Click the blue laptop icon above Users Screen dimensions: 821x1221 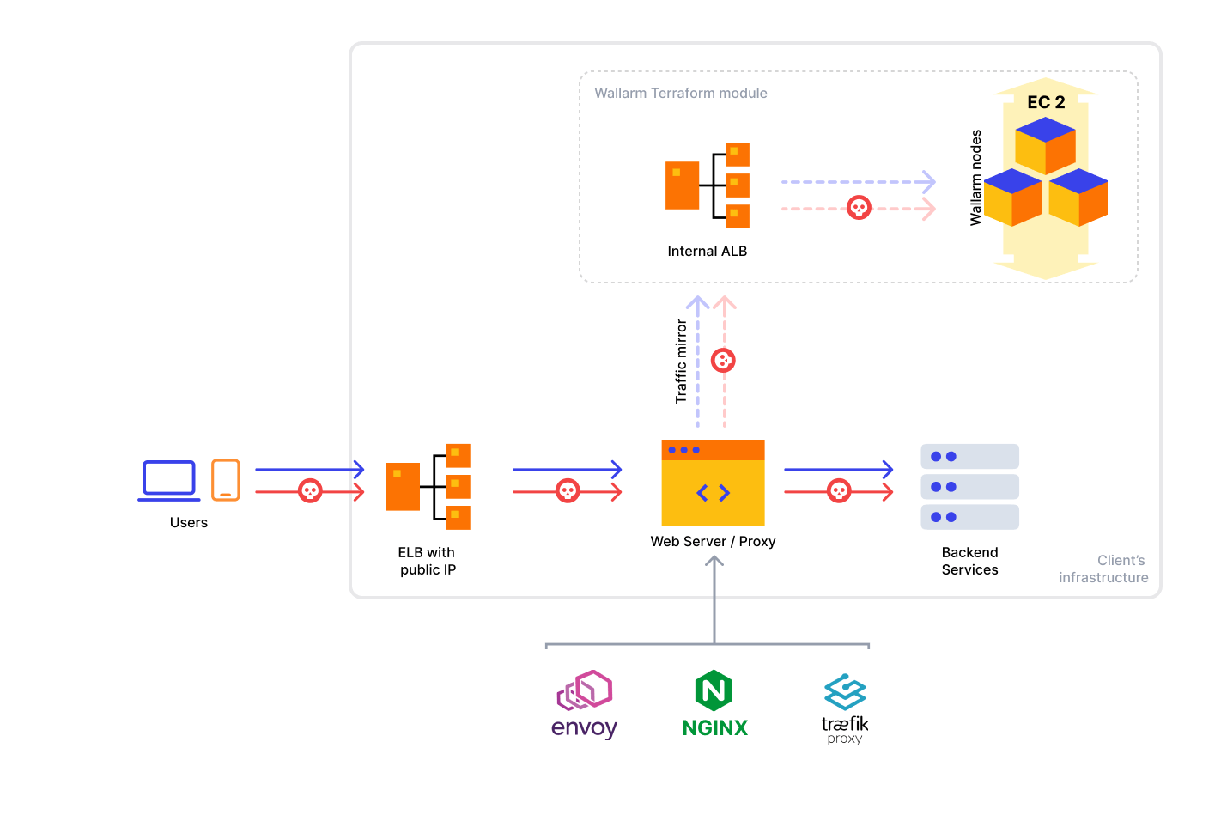[169, 480]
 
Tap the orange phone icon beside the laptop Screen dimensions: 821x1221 [225, 479]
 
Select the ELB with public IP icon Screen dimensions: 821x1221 [428, 486]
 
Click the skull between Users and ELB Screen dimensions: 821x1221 [310, 491]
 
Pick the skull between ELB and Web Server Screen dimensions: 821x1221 [568, 491]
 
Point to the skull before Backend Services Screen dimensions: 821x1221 [839, 491]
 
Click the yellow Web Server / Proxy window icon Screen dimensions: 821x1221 [713, 483]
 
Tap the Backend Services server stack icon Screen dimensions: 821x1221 [969, 487]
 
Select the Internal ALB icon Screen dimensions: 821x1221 [708, 185]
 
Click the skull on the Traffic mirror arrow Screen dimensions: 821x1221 [724, 361]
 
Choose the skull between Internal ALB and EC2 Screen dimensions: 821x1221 [859, 208]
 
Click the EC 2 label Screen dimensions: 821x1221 [1046, 102]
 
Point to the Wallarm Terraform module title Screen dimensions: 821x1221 [681, 94]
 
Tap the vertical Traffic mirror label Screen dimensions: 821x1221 [681, 362]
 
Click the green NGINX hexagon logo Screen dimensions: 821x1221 [714, 690]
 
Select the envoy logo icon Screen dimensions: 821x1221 [585, 690]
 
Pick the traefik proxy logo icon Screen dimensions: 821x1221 [845, 691]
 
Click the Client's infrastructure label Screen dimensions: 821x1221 [1104, 569]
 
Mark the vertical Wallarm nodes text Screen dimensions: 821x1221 [975, 178]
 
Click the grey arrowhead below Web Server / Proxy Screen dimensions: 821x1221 [714, 562]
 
